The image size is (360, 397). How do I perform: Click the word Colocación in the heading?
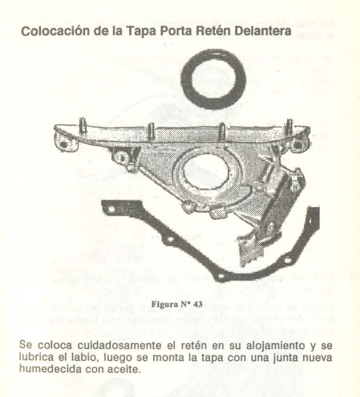[55, 31]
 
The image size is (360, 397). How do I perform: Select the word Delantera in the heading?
[263, 30]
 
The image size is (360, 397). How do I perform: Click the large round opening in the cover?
[205, 171]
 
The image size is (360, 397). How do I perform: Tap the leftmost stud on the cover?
[83, 125]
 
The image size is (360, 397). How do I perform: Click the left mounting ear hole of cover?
[63, 144]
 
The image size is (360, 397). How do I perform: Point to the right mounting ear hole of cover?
[297, 144]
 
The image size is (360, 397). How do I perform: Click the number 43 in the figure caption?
[197, 304]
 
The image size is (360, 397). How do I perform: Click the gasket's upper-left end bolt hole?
[111, 209]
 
